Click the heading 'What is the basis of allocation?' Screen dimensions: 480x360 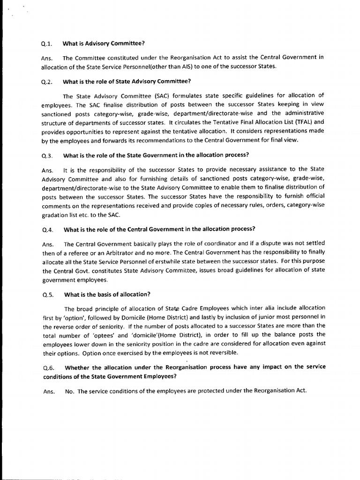click(107, 295)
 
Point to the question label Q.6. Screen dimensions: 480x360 click(48, 367)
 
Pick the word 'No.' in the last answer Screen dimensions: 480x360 click(70, 391)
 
